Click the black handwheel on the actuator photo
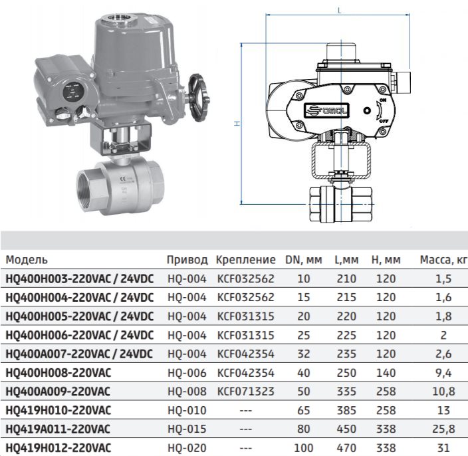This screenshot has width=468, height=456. coord(199,98)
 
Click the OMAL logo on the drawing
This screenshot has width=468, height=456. coord(326,110)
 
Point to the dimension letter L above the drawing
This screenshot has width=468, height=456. coord(339,11)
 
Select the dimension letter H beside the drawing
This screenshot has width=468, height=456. coord(237,123)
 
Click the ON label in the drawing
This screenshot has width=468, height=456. coord(383,100)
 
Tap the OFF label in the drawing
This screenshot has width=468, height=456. coord(384,121)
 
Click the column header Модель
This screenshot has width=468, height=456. coord(27,260)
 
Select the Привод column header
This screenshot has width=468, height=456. coord(187,260)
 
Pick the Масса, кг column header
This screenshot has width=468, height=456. coord(443,260)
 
